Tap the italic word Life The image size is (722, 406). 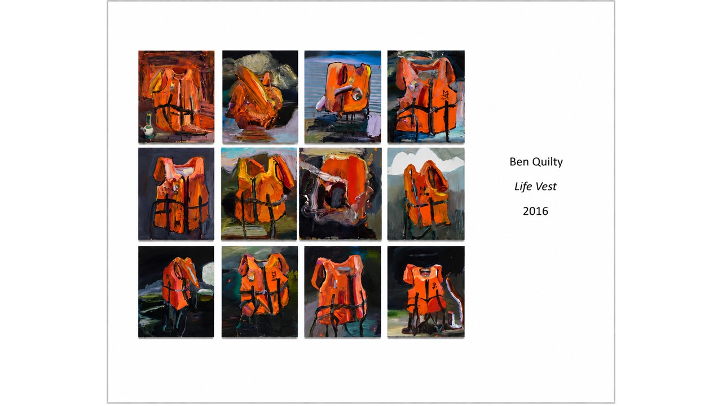[x=522, y=186]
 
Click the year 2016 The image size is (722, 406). [x=535, y=211]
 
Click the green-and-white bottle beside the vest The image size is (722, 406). [x=148, y=126]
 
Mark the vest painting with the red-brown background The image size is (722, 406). [x=177, y=96]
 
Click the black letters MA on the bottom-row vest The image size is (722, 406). [x=274, y=274]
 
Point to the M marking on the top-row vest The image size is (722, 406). [x=446, y=95]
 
